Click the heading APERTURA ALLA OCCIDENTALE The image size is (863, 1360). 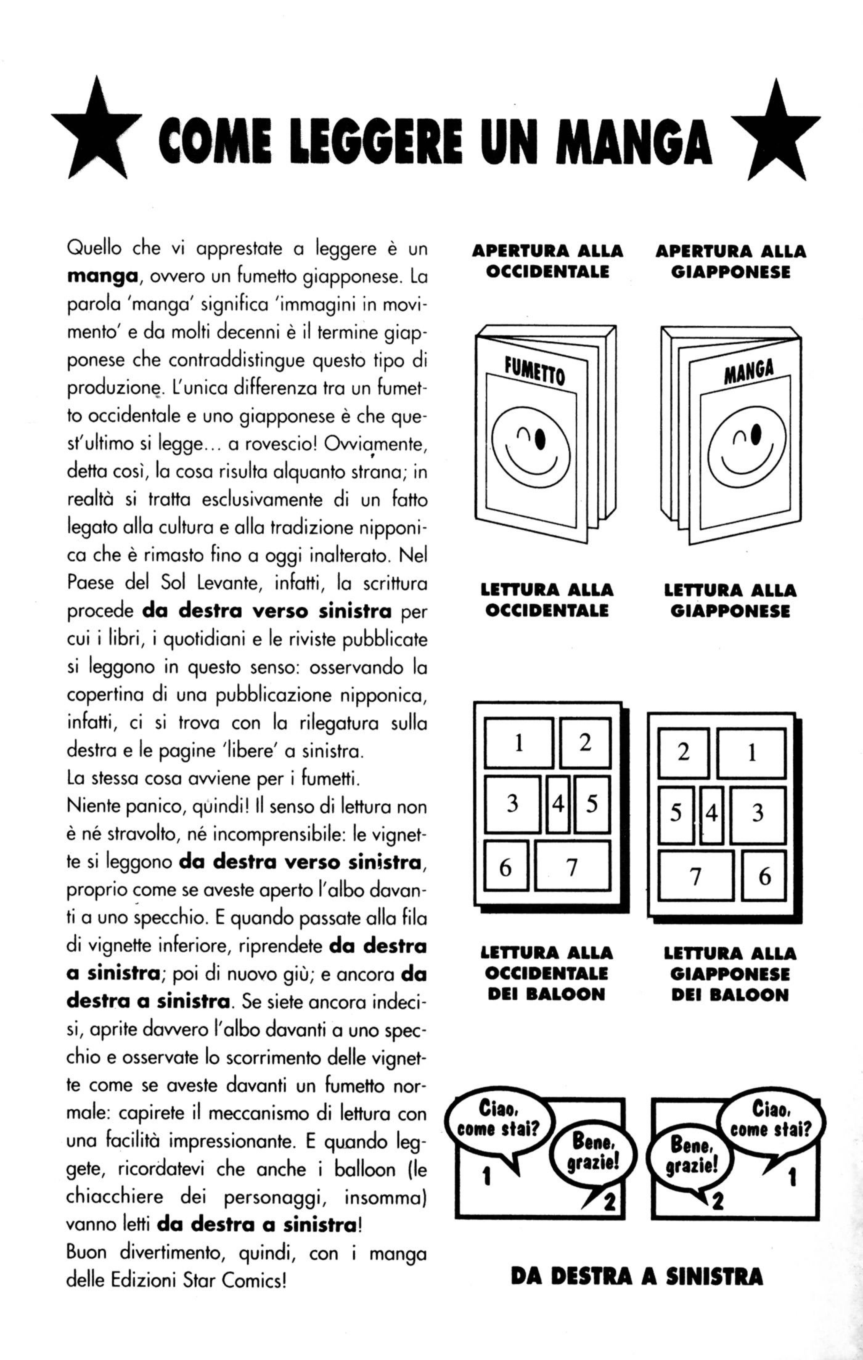547,261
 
